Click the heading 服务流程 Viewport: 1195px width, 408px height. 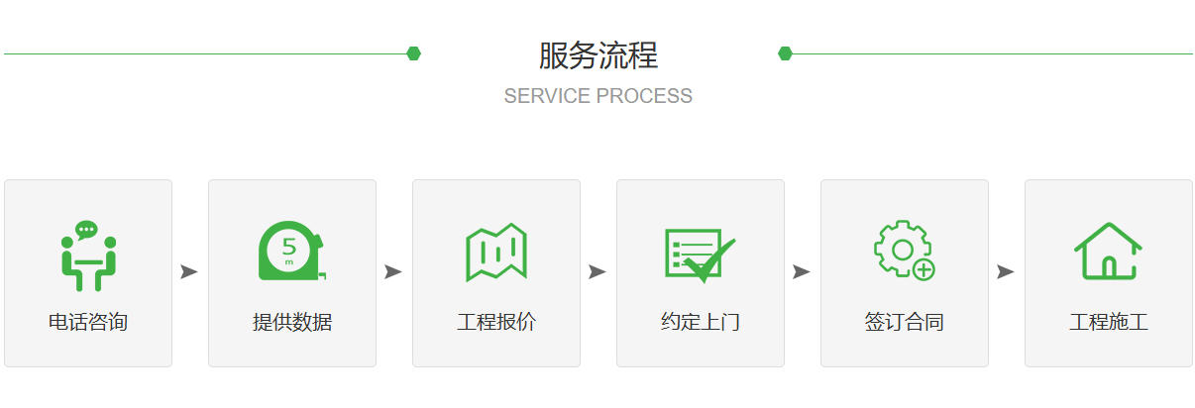coord(598,55)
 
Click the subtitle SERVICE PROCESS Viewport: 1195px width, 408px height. coord(598,96)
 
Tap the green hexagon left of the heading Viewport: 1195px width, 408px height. coord(413,53)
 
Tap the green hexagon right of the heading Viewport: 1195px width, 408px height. coord(785,53)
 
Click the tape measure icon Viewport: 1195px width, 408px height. coord(292,251)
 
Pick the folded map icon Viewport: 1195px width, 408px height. coord(496,252)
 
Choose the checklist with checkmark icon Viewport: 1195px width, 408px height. coord(700,255)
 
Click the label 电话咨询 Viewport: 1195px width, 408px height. coord(88,322)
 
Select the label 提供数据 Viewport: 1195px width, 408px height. coord(292,322)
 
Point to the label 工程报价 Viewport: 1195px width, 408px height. coord(496,322)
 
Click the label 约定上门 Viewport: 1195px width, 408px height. coord(701,322)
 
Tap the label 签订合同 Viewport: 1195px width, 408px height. coord(905,322)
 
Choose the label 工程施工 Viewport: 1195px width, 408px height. coord(1109,322)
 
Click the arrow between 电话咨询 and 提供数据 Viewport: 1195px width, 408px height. coord(189,271)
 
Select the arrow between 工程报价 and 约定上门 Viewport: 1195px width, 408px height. coord(597,271)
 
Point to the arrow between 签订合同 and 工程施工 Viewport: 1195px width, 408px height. coord(1005,271)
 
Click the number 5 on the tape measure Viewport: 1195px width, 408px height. coord(289,246)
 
